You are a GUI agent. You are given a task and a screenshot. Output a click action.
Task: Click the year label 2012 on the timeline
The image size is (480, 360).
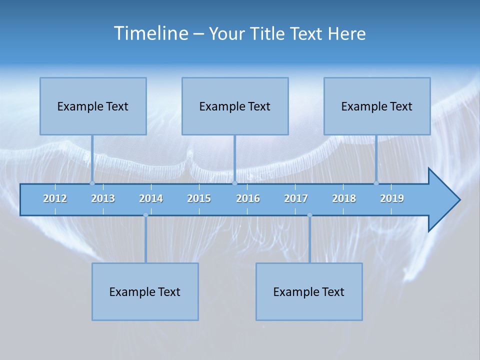click(x=55, y=198)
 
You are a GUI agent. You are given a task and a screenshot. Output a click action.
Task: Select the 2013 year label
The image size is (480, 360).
click(x=103, y=198)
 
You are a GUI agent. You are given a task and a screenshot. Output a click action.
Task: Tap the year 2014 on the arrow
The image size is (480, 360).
click(x=151, y=198)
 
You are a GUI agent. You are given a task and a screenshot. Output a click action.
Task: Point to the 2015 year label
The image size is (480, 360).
click(x=199, y=198)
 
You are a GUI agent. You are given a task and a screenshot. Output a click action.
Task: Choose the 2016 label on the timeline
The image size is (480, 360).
click(x=248, y=198)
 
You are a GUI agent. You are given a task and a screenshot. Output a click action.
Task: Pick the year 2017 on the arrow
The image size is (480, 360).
click(x=296, y=198)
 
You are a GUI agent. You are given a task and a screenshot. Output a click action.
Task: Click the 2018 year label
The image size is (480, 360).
click(x=344, y=198)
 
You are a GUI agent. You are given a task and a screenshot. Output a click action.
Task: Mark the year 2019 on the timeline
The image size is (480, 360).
click(x=392, y=198)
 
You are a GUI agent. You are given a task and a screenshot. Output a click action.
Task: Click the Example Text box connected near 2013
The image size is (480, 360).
click(x=93, y=106)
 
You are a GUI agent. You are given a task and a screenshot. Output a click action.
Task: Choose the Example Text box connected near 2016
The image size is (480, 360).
click(x=235, y=106)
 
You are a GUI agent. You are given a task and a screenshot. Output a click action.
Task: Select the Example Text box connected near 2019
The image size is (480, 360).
click(x=377, y=106)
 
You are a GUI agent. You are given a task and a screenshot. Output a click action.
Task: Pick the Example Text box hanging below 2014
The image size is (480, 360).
click(x=145, y=291)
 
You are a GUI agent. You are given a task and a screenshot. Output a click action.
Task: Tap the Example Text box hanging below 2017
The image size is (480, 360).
click(x=309, y=291)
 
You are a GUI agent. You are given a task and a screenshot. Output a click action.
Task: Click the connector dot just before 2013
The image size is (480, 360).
click(x=92, y=183)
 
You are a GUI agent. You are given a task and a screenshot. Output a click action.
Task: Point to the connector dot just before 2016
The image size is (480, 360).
click(x=234, y=183)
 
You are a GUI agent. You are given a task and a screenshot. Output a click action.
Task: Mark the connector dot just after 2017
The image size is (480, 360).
click(x=309, y=215)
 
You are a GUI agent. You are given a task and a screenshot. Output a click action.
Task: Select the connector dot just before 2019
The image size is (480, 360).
click(x=376, y=183)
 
